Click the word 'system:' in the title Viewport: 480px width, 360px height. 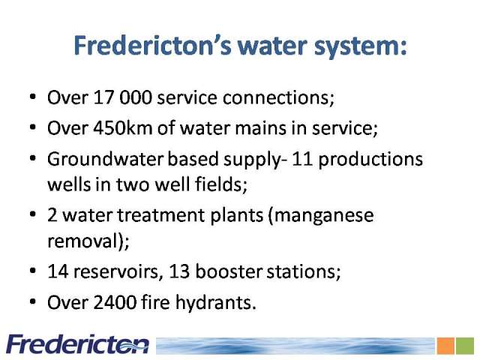(360, 46)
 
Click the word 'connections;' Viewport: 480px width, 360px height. (278, 98)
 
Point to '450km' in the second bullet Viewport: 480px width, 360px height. (122, 128)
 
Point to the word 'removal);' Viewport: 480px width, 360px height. (88, 241)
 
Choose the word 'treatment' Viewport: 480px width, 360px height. (190, 215)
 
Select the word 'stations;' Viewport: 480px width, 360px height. (303, 271)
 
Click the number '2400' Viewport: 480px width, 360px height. (115, 302)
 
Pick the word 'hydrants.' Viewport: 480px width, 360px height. (215, 303)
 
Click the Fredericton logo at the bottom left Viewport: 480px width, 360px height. (78, 345)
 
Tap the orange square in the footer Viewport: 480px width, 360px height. (445, 346)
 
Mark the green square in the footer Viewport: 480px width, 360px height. (465, 346)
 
